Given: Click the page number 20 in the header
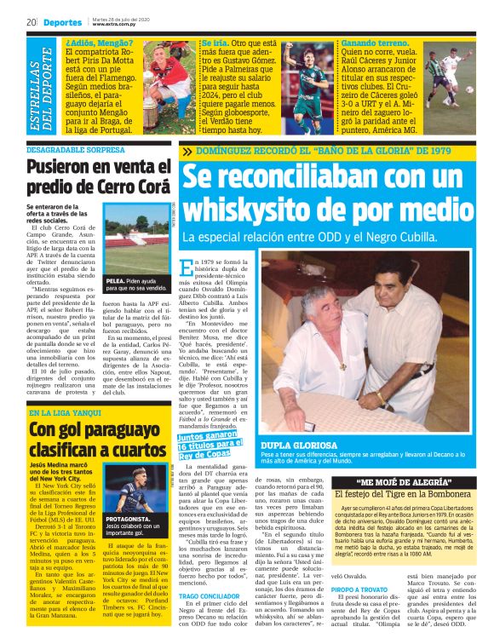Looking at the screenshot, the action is [32, 21].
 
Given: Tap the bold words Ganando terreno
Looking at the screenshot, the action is [371, 42].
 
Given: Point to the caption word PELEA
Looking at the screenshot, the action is [116, 279].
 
